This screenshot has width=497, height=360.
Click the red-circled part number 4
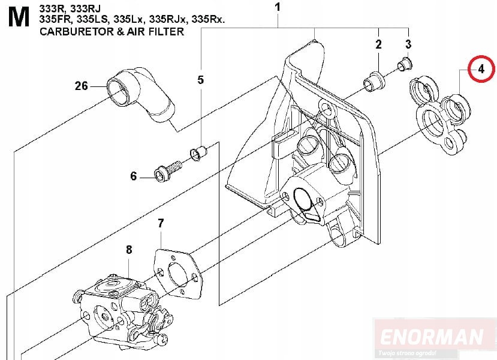[481, 68]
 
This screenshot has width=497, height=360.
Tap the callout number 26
[81, 86]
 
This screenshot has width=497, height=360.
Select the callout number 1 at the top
[278, 7]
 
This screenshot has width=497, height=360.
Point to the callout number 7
[161, 223]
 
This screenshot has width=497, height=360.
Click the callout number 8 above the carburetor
[129, 250]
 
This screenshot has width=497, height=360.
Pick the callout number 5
[201, 80]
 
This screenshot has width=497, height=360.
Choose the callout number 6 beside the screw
[134, 176]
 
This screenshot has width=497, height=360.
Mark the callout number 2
[378, 44]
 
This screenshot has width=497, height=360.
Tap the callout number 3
[408, 44]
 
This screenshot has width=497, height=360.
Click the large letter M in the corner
[19, 17]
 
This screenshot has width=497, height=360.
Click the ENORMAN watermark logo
[432, 337]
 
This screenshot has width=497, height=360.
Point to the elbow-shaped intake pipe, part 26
[140, 94]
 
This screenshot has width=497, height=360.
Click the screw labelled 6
[167, 170]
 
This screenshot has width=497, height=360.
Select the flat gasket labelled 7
[178, 274]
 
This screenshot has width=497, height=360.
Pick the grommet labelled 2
[374, 82]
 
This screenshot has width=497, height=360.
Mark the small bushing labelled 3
[405, 64]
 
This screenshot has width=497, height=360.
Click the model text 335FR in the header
[56, 19]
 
